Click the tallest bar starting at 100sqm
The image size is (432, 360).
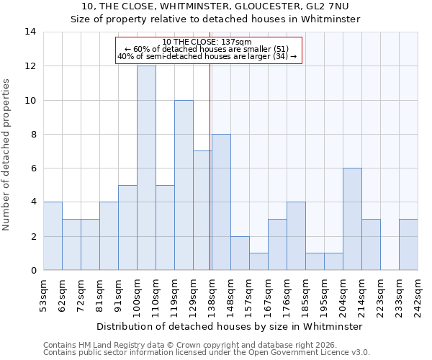point(146,168)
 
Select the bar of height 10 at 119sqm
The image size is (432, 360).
point(184,185)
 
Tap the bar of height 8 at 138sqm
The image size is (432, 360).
point(221,202)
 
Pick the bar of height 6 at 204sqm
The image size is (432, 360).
point(352,219)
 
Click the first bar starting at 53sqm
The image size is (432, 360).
point(53,236)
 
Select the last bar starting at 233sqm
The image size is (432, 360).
point(408,245)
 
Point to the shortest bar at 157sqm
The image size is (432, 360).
point(258,261)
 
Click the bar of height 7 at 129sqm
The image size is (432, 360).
point(202,210)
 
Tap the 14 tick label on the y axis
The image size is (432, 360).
point(30,32)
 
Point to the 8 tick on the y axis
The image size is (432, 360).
point(33,135)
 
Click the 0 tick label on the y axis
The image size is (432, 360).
point(33,271)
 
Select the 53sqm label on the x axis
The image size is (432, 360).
point(43,295)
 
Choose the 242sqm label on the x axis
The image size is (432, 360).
point(418,295)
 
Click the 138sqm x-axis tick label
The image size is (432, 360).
point(212,295)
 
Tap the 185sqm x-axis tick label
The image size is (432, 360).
point(305,295)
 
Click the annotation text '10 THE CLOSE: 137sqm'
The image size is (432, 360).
point(207,42)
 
